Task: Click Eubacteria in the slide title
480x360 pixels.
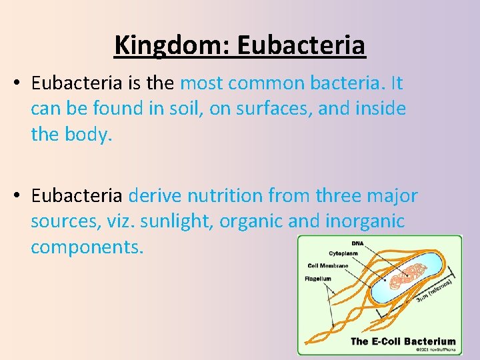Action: pos(301,45)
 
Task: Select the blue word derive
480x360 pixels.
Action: pos(155,196)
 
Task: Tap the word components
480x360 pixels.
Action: pos(87,246)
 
